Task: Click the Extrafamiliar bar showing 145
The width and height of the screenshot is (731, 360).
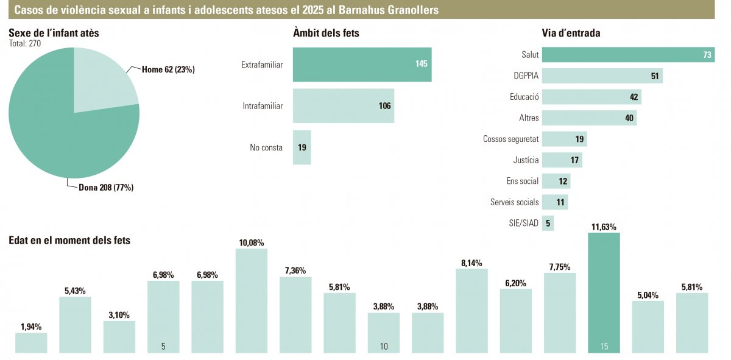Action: coord(362,65)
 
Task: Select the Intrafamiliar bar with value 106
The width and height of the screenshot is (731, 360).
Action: coord(343,106)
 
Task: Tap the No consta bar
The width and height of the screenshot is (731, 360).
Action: coord(302,147)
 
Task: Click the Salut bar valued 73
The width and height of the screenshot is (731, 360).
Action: coord(628,55)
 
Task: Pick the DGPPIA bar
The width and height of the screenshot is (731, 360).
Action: coord(602,76)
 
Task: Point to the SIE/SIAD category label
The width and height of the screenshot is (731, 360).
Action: coord(523,224)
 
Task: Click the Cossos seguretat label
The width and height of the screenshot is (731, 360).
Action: coord(510,139)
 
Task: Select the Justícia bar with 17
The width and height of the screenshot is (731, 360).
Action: coord(562,160)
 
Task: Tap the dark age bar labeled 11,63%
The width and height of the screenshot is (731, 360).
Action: coord(604,292)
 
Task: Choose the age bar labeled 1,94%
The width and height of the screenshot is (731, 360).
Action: coord(31,342)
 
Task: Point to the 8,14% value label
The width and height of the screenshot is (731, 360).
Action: coord(471,263)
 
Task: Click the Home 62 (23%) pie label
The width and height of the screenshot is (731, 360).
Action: coord(168,69)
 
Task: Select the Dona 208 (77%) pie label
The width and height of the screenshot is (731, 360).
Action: coord(106,188)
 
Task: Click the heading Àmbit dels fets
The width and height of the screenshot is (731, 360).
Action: coord(326,33)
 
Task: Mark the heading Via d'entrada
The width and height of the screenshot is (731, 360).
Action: coord(571,33)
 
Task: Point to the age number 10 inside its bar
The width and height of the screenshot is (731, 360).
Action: coord(384,347)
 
